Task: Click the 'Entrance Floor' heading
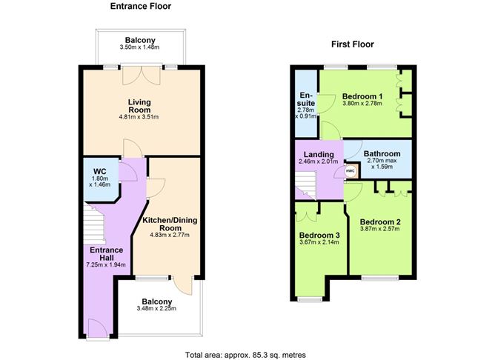click(140, 7)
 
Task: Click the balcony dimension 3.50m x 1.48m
click(139, 48)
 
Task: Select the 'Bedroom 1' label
click(362, 96)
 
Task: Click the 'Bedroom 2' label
click(380, 221)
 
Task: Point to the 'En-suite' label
click(306, 99)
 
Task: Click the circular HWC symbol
click(351, 170)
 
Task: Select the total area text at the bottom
click(245, 354)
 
